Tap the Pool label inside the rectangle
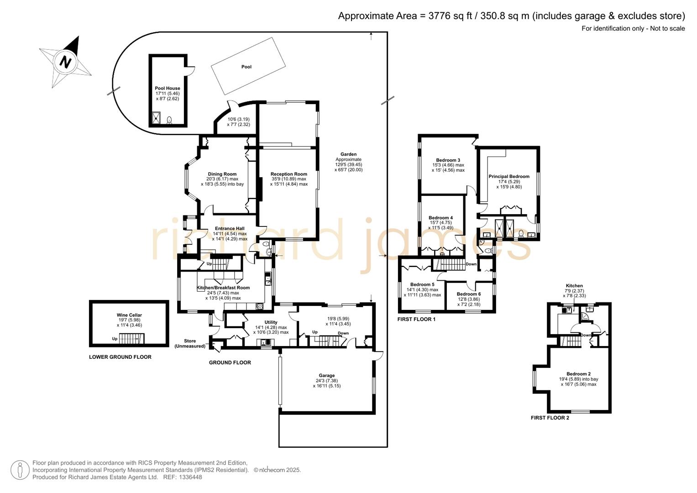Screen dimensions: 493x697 coord(246,67)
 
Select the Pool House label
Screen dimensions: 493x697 coord(168,88)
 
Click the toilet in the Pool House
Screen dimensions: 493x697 coord(169,120)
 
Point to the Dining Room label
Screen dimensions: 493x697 coord(222,174)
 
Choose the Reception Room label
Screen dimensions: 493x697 coord(288,174)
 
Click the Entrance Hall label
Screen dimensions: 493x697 coord(230,229)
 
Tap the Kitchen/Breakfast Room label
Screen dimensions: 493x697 coord(223,288)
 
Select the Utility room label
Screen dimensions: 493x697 coord(271,322)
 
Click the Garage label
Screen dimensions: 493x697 coord(327,375)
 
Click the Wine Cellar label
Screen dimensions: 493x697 coord(129,315)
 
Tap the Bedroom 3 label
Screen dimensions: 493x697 coord(448,160)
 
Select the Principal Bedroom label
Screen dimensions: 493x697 coord(509,176)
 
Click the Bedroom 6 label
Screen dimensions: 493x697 coord(468,294)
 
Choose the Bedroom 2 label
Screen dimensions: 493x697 coord(578,374)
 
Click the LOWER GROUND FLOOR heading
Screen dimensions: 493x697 coord(120,357)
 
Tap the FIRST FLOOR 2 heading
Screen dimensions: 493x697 coord(550,418)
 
